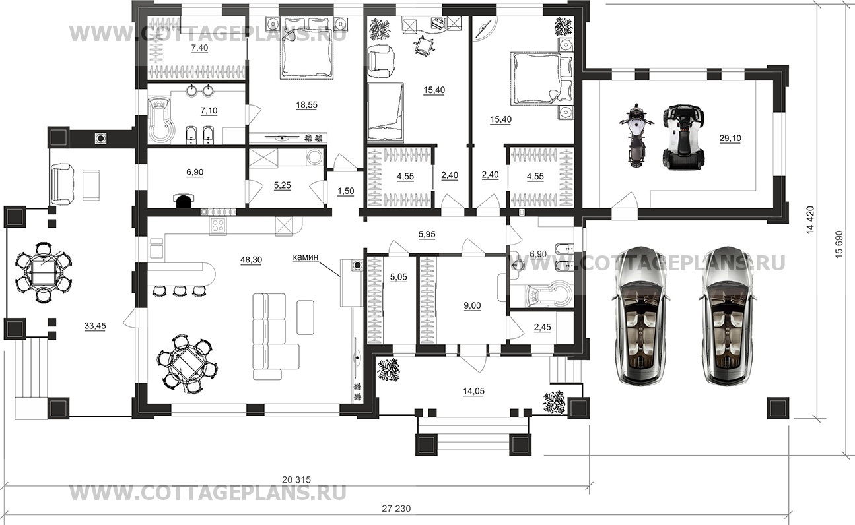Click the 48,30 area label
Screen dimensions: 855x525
pyautogui.click(x=251, y=260)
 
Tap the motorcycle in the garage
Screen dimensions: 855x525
pyautogui.click(x=636, y=135)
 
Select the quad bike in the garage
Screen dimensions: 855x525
pyautogui.click(x=683, y=136)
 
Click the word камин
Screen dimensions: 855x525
pyautogui.click(x=305, y=257)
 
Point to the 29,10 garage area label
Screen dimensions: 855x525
pyautogui.click(x=730, y=139)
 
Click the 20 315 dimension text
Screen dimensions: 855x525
pyautogui.click(x=296, y=479)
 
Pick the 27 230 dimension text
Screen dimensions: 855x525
pyautogui.click(x=396, y=509)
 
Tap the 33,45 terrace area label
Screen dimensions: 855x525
pyautogui.click(x=95, y=326)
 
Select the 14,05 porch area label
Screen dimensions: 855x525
pyautogui.click(x=473, y=391)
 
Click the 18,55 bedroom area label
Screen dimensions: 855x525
pyautogui.click(x=306, y=105)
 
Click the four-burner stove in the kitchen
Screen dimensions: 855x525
pyautogui.click(x=218, y=226)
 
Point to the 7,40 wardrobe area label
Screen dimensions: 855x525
pyautogui.click(x=199, y=48)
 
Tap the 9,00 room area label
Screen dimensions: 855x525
pyautogui.click(x=472, y=306)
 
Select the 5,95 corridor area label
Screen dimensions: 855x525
pyautogui.click(x=427, y=235)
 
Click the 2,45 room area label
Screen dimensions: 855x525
pyautogui.click(x=543, y=327)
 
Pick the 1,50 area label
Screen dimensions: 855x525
pyautogui.click(x=346, y=191)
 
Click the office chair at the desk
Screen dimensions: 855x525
pyautogui.click(x=423, y=46)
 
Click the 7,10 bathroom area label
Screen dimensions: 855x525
pyautogui.click(x=209, y=111)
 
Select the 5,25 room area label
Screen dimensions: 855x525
pyautogui.click(x=282, y=185)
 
